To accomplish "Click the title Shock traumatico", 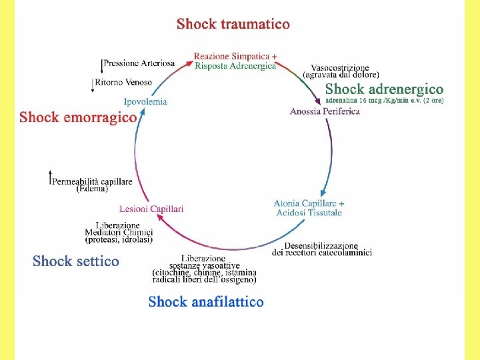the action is [x=233, y=24].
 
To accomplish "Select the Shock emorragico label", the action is [x=78, y=117].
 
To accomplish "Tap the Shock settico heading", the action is [x=75, y=261].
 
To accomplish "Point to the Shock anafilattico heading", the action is [x=206, y=301].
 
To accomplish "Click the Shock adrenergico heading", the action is [x=384, y=89].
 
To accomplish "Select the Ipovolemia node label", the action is [x=145, y=101].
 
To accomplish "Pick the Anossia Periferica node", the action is [x=325, y=111].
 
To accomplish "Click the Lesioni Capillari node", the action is [x=151, y=209].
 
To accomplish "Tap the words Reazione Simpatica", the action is [x=232, y=56].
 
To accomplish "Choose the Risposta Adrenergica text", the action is [x=235, y=66].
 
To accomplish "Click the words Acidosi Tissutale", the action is [x=309, y=213].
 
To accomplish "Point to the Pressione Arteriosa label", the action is [x=139, y=63].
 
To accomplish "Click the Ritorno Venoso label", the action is [x=123, y=82].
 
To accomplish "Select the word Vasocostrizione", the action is [x=340, y=67].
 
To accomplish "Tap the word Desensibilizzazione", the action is [x=321, y=245].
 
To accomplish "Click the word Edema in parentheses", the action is [x=92, y=189].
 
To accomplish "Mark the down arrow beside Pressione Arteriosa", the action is [x=101, y=67].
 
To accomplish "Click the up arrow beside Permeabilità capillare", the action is [x=51, y=177].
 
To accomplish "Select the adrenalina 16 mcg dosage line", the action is [x=384, y=100].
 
